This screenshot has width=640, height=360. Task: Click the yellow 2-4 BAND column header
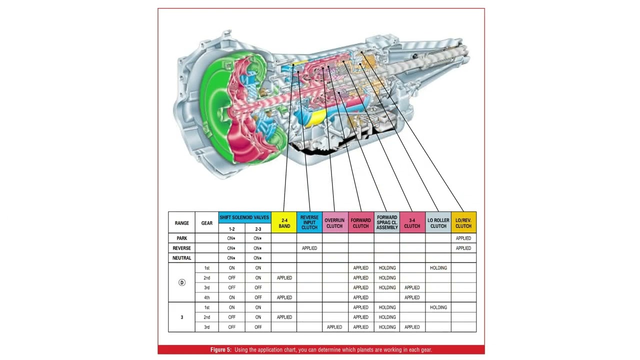284,222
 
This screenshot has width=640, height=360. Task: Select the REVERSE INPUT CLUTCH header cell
309,222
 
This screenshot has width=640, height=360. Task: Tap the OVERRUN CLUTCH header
335,222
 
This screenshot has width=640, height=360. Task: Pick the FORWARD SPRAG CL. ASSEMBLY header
387,222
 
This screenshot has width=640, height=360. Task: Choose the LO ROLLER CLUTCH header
438,222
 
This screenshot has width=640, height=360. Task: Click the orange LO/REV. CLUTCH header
463,222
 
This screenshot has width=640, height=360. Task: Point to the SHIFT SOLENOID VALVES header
244,217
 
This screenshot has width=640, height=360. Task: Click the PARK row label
181,238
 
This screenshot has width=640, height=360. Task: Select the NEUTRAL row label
181,258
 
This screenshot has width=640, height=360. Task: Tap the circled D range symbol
181,282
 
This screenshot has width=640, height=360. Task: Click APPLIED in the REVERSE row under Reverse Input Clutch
309,248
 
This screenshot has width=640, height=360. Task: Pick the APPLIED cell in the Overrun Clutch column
334,327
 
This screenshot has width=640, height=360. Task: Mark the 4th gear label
207,297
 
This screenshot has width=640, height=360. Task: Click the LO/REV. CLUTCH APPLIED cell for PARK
463,238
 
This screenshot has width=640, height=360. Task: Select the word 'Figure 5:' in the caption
221,349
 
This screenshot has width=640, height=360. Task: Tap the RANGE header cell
181,222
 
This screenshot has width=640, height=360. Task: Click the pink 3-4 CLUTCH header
412,222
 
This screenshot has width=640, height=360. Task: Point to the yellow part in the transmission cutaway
315,117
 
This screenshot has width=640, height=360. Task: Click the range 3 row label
181,317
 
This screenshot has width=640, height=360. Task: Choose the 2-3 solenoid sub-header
258,229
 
